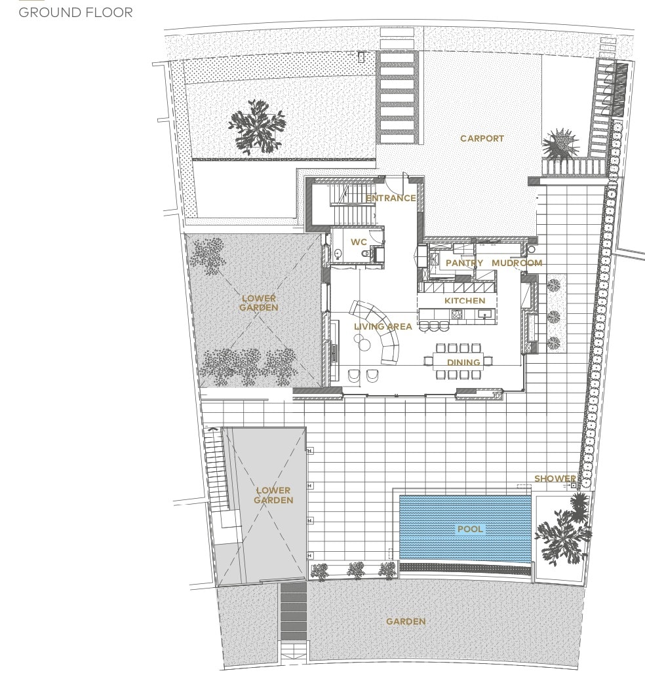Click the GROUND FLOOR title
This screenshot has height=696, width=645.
[x=75, y=12]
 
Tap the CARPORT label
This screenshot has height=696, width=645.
[x=482, y=138]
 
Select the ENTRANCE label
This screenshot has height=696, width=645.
[x=391, y=198]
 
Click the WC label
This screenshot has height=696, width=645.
[x=359, y=242]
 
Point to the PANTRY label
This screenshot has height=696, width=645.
[x=464, y=263]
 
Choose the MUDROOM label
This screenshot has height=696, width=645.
[x=517, y=263]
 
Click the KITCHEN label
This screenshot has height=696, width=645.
[x=465, y=301]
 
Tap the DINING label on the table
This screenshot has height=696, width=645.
[x=463, y=362]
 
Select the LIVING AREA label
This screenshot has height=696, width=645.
[x=383, y=326]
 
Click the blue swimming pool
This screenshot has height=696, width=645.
[x=465, y=529]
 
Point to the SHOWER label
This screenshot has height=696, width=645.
[x=555, y=478]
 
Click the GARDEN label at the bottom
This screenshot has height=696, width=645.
[x=406, y=621]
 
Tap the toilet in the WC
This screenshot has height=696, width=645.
[x=366, y=254]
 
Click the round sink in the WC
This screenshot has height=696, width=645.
[x=338, y=254]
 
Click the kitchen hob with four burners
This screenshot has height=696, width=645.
[x=457, y=315]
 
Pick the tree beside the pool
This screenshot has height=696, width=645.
[x=563, y=530]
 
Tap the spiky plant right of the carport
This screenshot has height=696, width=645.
[x=560, y=144]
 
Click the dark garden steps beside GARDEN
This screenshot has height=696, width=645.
[x=294, y=611]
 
